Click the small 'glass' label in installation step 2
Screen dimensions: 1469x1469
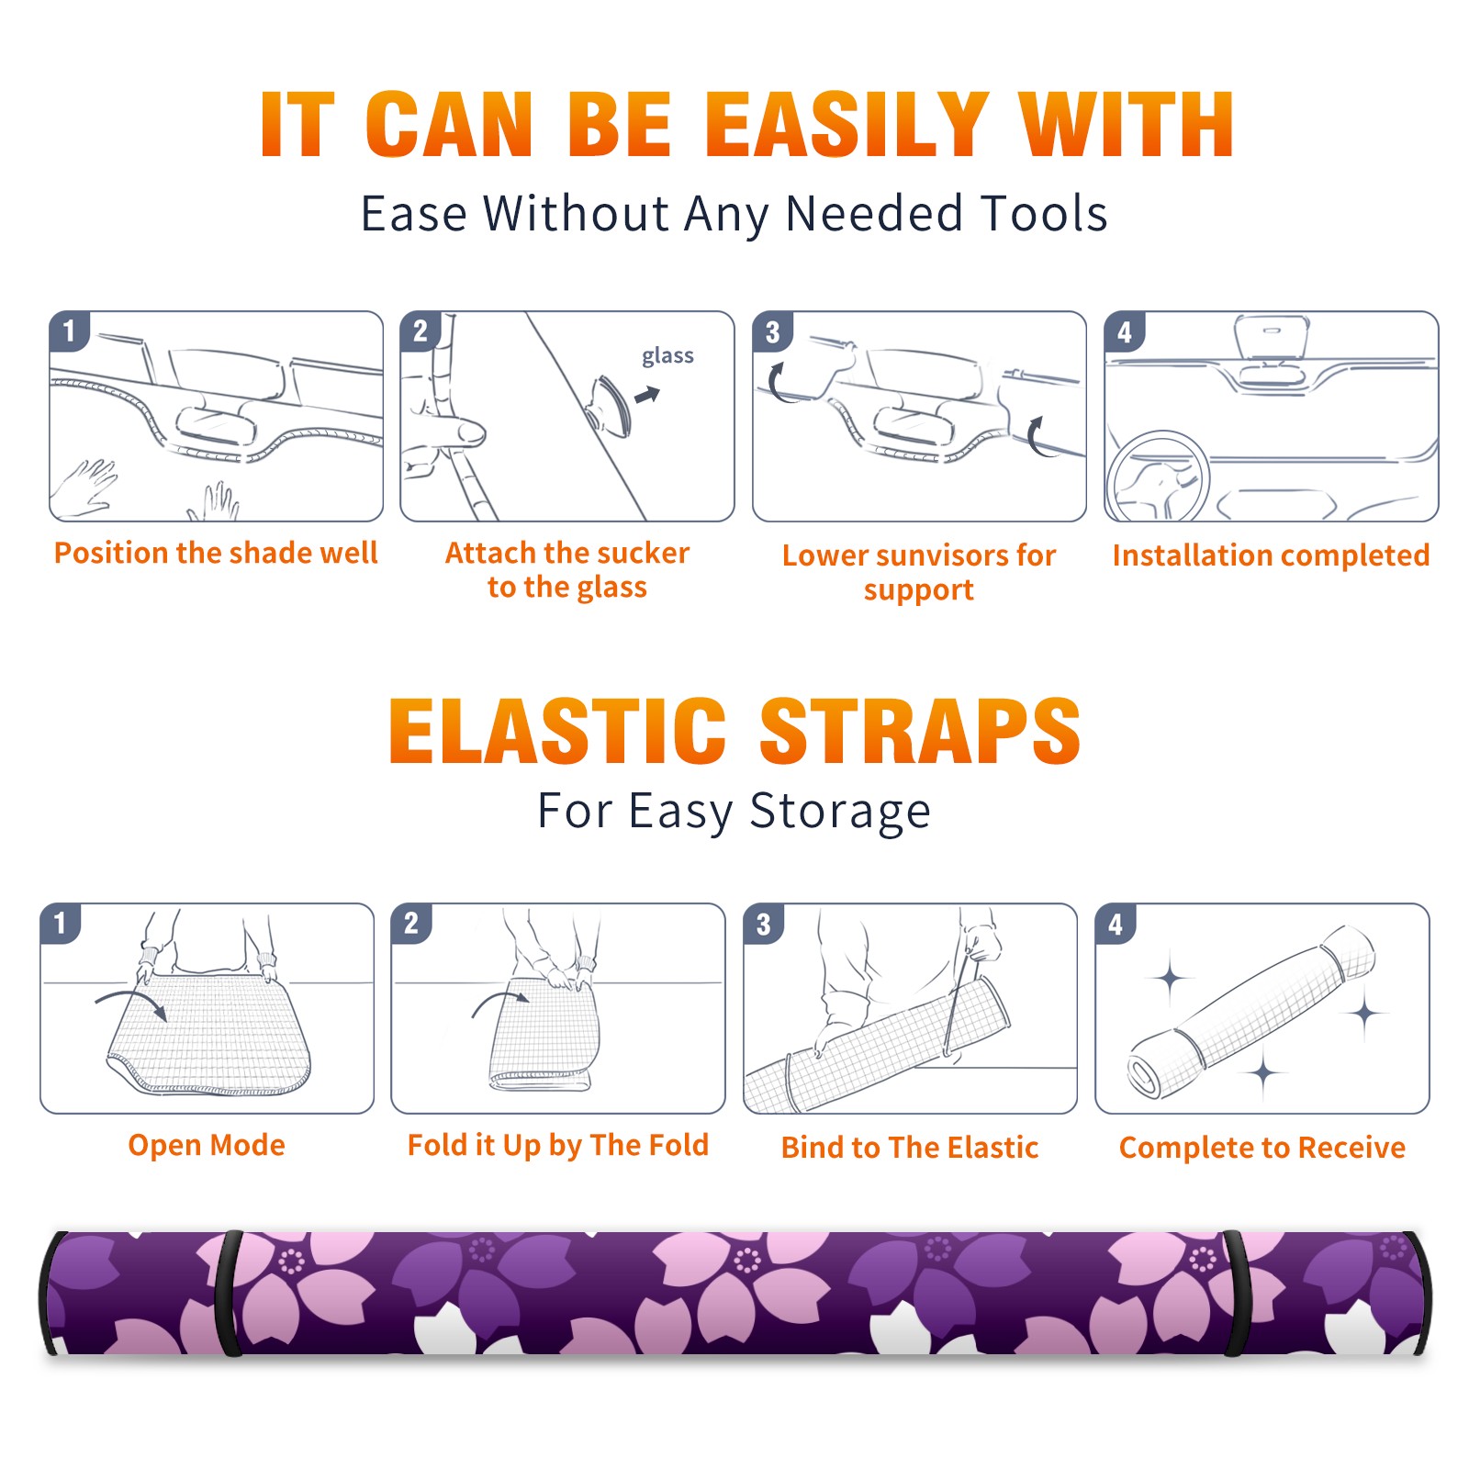tap(667, 356)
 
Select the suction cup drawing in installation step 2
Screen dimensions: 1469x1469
tap(610, 405)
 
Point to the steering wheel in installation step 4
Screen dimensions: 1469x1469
tap(1157, 477)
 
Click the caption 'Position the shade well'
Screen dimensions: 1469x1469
tap(216, 553)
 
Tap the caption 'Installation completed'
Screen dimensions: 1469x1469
tap(1271, 555)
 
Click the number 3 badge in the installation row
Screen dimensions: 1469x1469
tap(773, 332)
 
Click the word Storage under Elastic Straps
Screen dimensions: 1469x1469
tap(840, 812)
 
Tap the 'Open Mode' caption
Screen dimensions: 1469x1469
tap(207, 1145)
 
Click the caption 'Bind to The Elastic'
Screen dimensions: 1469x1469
tap(910, 1148)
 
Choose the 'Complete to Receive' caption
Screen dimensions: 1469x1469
tap(1262, 1148)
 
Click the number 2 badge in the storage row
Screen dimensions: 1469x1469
tap(411, 924)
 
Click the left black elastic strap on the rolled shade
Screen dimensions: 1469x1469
tap(229, 1293)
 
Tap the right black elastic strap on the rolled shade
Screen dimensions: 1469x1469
tap(1235, 1293)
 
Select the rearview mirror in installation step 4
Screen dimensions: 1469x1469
tap(1271, 336)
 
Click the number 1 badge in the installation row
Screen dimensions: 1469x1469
tap(70, 331)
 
